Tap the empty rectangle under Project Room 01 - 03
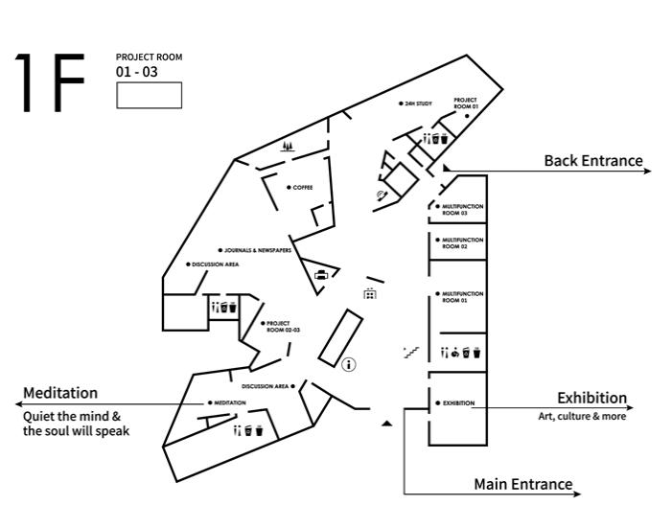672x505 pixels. click(149, 95)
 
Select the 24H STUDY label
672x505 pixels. click(419, 103)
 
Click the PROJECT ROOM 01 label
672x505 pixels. click(466, 103)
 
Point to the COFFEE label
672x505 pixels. click(302, 187)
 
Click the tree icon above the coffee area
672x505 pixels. click(288, 147)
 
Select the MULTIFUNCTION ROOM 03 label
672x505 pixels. click(462, 209)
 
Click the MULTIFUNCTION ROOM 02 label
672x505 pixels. click(462, 242)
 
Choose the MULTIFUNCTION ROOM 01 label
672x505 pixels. click(462, 296)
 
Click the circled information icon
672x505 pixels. click(350, 364)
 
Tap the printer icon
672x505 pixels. click(321, 276)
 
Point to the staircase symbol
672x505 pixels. click(412, 352)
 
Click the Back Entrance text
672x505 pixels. click(592, 161)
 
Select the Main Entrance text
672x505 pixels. click(522, 484)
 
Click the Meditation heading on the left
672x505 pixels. click(60, 393)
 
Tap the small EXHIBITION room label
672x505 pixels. click(458, 402)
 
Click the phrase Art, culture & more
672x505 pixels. click(582, 417)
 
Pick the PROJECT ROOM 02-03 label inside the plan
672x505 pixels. click(283, 326)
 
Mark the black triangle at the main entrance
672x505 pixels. click(386, 422)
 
